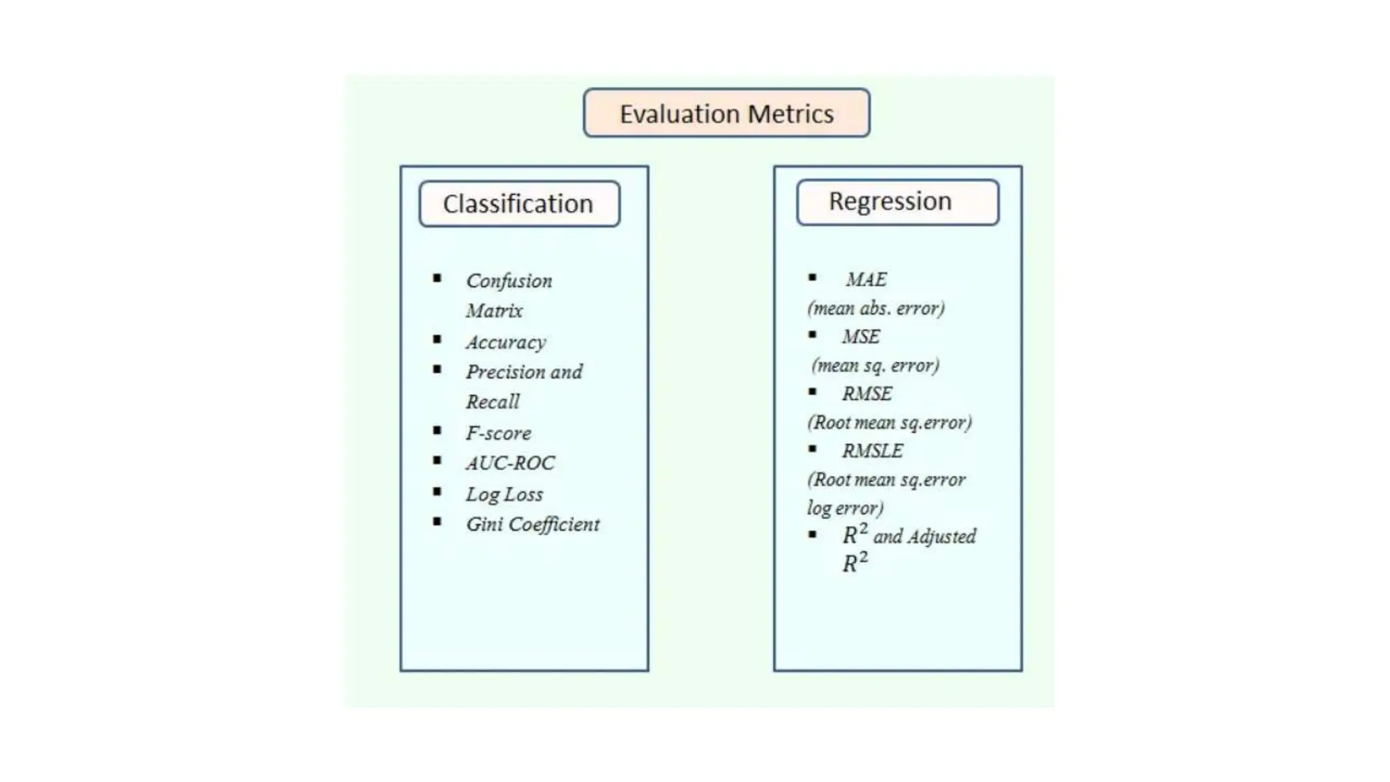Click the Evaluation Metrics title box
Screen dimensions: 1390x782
(x=726, y=113)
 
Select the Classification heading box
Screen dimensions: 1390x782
(x=519, y=204)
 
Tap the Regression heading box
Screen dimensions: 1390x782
(x=897, y=202)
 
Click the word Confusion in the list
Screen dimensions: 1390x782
(x=509, y=281)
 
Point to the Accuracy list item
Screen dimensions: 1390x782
(x=506, y=342)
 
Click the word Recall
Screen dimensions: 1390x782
(x=493, y=402)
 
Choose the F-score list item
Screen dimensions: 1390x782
(x=498, y=433)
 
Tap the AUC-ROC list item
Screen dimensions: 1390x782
(x=510, y=463)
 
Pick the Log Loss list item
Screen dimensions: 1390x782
(x=504, y=494)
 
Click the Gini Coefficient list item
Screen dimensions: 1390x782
(x=533, y=524)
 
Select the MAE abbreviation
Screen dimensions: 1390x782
(x=866, y=280)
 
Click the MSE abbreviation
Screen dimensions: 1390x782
(x=861, y=337)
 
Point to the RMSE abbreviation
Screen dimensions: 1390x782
(x=867, y=394)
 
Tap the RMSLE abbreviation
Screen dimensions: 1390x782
(x=872, y=451)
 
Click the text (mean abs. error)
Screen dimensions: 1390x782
(x=876, y=309)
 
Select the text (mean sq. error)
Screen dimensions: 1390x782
(x=876, y=366)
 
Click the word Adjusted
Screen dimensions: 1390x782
(x=941, y=537)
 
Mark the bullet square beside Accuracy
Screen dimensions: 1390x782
(x=437, y=339)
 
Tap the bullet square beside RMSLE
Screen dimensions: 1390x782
(x=812, y=449)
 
